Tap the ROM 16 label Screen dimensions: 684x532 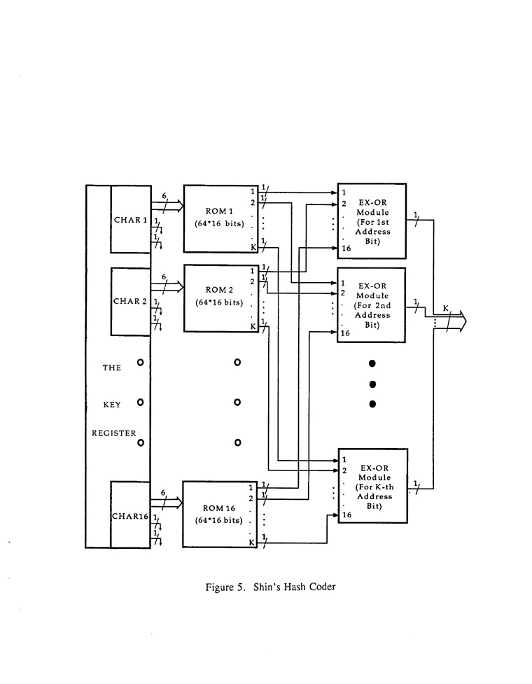(x=218, y=508)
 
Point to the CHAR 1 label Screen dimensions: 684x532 (x=130, y=221)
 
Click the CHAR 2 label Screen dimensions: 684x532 (x=130, y=302)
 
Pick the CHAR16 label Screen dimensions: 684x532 (x=130, y=517)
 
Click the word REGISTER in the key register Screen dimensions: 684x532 (x=114, y=433)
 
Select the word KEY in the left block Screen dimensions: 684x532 (x=112, y=403)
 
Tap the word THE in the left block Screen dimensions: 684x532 (x=112, y=367)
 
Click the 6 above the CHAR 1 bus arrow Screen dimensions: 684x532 (x=164, y=196)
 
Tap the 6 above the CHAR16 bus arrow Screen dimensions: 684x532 (x=164, y=493)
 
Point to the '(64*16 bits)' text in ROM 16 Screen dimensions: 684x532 (x=218, y=520)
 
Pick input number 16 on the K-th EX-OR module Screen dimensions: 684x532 (x=346, y=515)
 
